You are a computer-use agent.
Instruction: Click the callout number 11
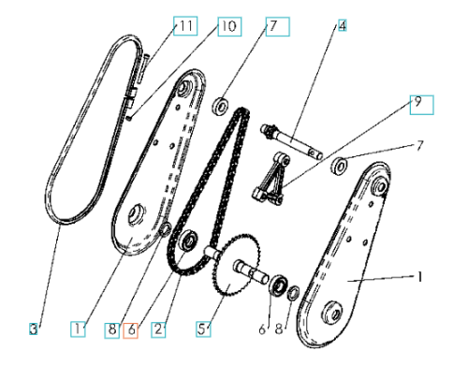pos(185,26)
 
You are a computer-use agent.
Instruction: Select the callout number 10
pos(229,26)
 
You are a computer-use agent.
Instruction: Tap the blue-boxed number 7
pos(277,26)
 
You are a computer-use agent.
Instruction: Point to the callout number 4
pos(343,25)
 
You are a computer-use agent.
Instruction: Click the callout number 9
pos(421,105)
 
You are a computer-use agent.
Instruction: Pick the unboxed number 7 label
pos(420,146)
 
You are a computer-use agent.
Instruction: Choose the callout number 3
pos(33,328)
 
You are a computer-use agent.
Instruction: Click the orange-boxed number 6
pos(131,330)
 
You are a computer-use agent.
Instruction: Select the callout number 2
pos(158,329)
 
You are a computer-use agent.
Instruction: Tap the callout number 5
pos(203,328)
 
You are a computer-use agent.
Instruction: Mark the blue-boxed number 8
pos(111,330)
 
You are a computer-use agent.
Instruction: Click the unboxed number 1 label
pos(420,277)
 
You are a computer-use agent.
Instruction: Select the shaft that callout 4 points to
pos(291,141)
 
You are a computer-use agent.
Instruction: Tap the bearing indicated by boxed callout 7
pos(221,106)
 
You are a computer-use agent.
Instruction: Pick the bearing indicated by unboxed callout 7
pos(340,166)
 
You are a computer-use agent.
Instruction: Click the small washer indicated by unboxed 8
pos(293,293)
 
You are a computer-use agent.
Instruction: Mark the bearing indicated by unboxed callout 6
pos(278,285)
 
